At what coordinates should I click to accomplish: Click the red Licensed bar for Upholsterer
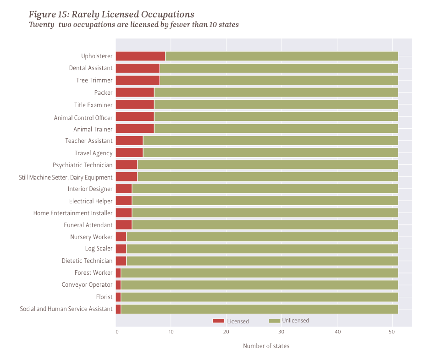click(x=140, y=56)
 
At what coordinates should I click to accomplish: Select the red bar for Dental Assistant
click(x=138, y=68)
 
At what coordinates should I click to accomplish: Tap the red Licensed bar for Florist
click(x=118, y=297)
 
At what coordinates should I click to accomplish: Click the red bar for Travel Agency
click(x=129, y=153)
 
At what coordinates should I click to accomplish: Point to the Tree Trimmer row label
click(x=94, y=81)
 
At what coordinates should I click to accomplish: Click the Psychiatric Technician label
click(x=83, y=165)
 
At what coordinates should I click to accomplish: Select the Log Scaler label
click(x=99, y=249)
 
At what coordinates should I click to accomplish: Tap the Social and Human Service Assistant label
click(x=66, y=309)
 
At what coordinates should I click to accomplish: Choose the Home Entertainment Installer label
click(x=73, y=213)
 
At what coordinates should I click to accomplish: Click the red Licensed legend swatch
click(x=218, y=321)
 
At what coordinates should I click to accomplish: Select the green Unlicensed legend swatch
click(x=274, y=321)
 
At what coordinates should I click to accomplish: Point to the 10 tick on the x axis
click(x=171, y=332)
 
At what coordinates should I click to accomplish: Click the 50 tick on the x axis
click(x=392, y=332)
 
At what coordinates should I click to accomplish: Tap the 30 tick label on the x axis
click(x=281, y=332)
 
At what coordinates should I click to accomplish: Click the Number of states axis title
click(x=266, y=346)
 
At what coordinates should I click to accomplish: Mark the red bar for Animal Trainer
click(x=135, y=129)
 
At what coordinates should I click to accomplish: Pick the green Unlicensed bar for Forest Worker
click(x=259, y=273)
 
